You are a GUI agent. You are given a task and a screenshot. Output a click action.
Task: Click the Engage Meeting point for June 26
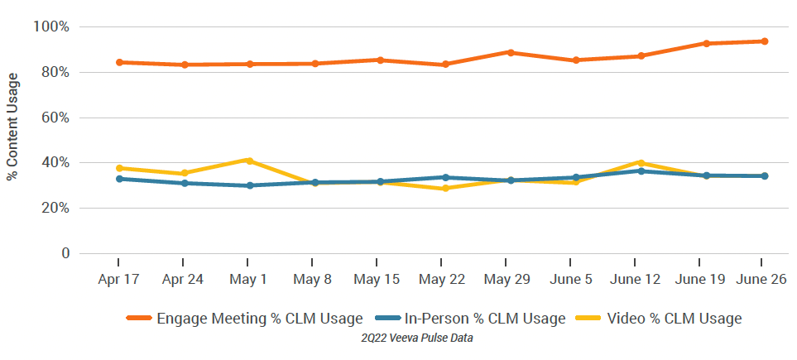pyautogui.click(x=765, y=41)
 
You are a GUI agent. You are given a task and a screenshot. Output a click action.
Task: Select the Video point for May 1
pyautogui.click(x=249, y=161)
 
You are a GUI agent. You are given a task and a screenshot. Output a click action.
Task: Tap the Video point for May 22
pyautogui.click(x=445, y=189)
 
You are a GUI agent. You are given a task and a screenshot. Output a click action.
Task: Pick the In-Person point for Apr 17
pyautogui.click(x=119, y=179)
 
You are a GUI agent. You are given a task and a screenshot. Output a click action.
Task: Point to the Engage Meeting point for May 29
pyautogui.click(x=511, y=52)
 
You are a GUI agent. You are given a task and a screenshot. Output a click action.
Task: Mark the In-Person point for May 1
pyautogui.click(x=249, y=185)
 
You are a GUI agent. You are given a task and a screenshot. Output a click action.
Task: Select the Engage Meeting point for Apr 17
pyautogui.click(x=119, y=62)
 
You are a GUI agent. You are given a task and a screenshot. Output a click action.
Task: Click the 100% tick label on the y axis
pyautogui.click(x=50, y=27)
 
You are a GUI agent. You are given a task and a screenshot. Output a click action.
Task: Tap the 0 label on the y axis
pyautogui.click(x=64, y=253)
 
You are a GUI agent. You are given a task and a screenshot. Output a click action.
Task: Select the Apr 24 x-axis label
pyautogui.click(x=184, y=280)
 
